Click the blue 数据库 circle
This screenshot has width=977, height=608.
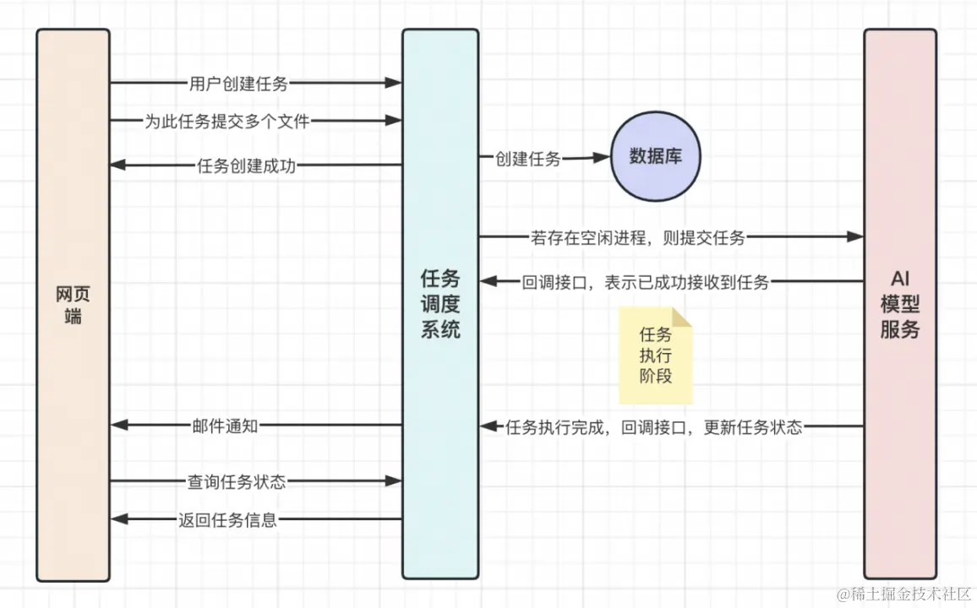pos(656,157)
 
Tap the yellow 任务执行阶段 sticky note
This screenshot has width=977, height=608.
pos(656,356)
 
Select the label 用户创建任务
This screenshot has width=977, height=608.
pos(238,83)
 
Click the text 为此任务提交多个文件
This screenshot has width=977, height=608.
pos(227,122)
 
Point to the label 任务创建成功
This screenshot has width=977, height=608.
pos(246,166)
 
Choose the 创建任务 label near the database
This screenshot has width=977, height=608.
pos(528,158)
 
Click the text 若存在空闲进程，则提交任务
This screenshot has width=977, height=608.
pos(638,238)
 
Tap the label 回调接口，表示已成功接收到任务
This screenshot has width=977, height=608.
pos(646,283)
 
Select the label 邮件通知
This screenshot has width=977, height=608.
pos(225,426)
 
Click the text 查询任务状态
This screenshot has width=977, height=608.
pos(237,481)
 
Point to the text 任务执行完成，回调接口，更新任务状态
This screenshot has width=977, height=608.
pos(653,427)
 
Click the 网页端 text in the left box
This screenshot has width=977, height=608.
pos(73,306)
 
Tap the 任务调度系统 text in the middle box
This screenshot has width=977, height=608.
pos(440,303)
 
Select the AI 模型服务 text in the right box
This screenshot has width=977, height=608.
pos(899,304)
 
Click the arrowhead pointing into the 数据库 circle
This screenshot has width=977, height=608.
pos(602,157)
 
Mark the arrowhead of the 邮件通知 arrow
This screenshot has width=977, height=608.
pos(118,426)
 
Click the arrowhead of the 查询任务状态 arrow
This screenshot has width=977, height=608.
pos(393,481)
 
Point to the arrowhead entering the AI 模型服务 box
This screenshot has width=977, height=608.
pos(855,238)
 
